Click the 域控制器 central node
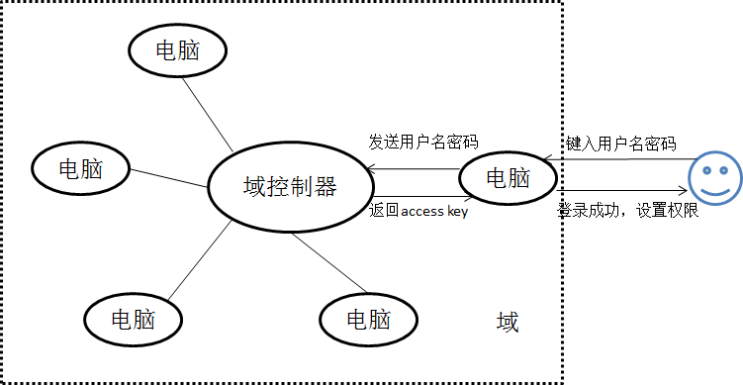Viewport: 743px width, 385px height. click(290, 187)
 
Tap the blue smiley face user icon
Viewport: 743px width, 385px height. click(714, 178)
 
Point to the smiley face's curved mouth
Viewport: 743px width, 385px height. click(715, 191)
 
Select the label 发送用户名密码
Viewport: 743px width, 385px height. click(423, 143)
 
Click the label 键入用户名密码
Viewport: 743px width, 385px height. click(620, 144)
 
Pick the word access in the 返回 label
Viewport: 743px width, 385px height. click(422, 212)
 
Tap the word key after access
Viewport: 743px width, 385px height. click(457, 212)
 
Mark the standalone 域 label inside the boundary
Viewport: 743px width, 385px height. click(508, 323)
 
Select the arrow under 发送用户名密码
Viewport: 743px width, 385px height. click(414, 169)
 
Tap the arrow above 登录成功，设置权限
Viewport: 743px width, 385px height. click(621, 191)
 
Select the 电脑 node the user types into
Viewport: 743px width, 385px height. click(508, 179)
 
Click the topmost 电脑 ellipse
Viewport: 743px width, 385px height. click(178, 50)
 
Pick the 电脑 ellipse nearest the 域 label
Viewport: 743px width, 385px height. click(368, 320)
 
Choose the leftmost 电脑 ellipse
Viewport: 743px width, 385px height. click(80, 168)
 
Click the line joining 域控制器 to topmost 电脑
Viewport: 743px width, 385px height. click(208, 115)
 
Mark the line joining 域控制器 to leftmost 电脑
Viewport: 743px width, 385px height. click(169, 178)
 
